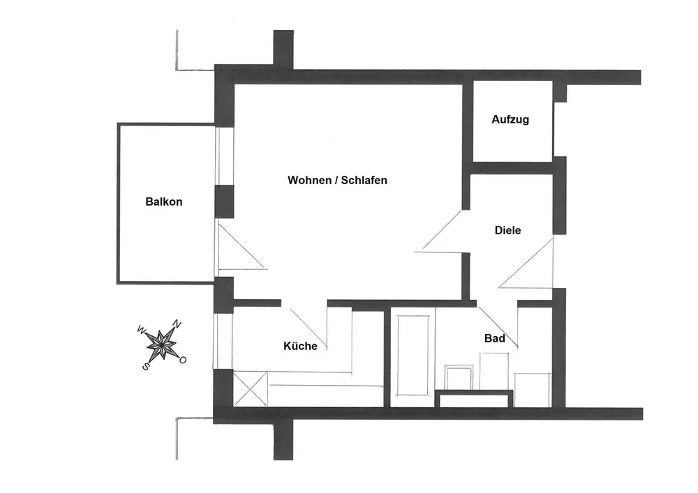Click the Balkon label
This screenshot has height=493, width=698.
(x=164, y=202)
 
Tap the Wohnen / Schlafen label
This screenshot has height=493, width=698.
(x=337, y=180)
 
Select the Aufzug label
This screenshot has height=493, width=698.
(x=510, y=119)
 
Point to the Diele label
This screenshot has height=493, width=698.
(x=507, y=230)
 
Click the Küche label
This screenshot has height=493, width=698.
(x=300, y=346)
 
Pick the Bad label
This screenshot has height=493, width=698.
(x=494, y=338)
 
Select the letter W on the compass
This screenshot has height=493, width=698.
(x=142, y=329)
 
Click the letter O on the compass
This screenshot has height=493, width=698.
(x=183, y=360)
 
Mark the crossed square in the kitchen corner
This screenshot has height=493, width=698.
(x=250, y=389)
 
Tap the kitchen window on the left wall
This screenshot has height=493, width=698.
(x=222, y=341)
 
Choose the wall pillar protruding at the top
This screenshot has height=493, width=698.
(x=283, y=49)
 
